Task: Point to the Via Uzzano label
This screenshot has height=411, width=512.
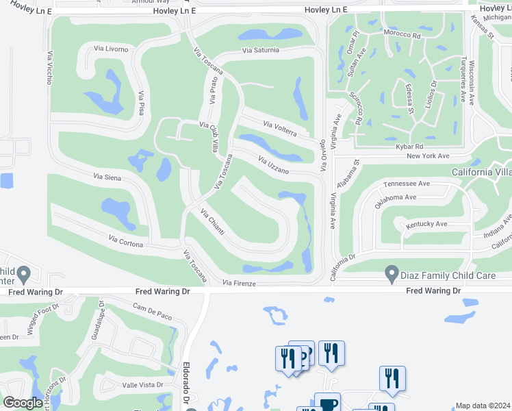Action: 273,165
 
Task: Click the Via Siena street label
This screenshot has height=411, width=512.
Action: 107,177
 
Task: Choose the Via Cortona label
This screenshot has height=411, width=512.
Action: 126,240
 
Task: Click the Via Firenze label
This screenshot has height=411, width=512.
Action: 239,283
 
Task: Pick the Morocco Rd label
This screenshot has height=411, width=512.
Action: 402,34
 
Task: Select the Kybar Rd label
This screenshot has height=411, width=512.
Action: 409,147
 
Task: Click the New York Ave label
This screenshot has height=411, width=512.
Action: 428,156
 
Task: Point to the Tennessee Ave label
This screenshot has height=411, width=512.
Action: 407,184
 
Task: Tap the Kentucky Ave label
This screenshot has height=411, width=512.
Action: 426,224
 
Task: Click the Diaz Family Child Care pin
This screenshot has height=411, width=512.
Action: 392,274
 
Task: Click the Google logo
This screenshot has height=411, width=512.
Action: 23,403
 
